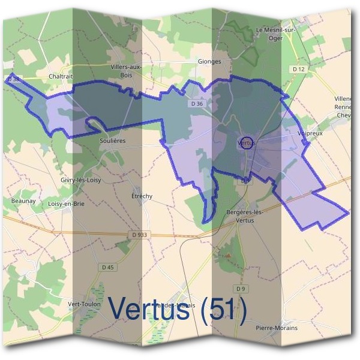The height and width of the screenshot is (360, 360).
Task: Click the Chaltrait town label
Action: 60,77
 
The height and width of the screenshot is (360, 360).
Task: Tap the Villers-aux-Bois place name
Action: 126,70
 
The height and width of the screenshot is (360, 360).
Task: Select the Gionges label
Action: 209,61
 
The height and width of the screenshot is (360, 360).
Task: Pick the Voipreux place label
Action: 310,133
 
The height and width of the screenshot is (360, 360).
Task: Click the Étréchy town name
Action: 142,196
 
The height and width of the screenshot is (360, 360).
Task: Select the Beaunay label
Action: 23,201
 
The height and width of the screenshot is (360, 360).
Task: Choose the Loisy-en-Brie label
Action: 65,204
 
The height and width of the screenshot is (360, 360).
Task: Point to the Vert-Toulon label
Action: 84,304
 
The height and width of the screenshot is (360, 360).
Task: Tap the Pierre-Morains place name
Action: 277,328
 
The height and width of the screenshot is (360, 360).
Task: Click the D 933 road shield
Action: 139,233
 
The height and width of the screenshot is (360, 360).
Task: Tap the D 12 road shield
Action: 298,70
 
